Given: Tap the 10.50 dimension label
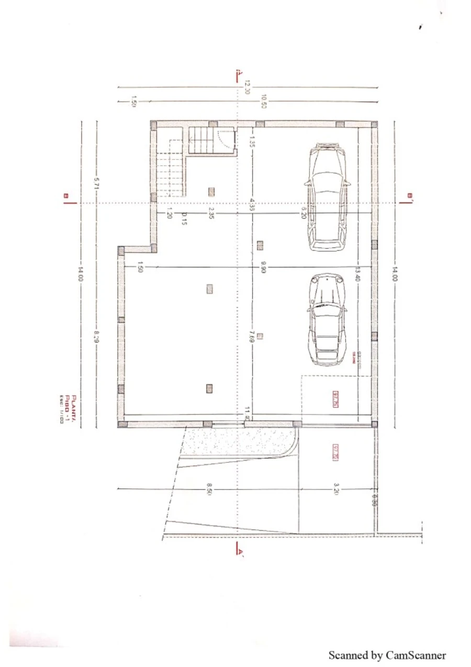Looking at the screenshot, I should pyautogui.click(x=264, y=101).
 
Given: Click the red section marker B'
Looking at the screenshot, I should pyautogui.click(x=410, y=197).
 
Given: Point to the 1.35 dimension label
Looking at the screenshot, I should pyautogui.click(x=252, y=141).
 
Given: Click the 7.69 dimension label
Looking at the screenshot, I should pyautogui.click(x=252, y=336).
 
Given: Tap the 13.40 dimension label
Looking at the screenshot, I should pyautogui.click(x=358, y=274).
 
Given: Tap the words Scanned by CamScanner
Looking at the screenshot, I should pyautogui.click(x=387, y=655).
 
